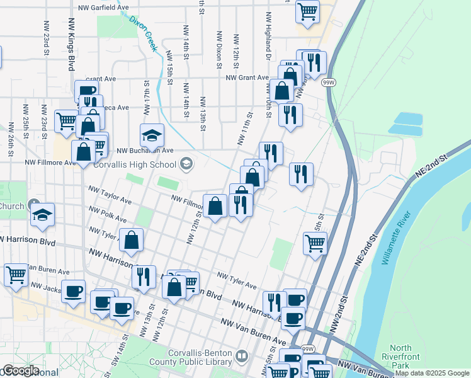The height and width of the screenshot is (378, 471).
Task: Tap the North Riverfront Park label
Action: (400, 357)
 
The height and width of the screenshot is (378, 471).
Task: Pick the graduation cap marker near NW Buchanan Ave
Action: (152, 135)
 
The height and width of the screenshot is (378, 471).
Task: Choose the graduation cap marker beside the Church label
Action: (42, 214)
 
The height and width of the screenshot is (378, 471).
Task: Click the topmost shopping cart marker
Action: (307, 11)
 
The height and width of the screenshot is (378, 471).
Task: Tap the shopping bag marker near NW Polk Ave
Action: (132, 240)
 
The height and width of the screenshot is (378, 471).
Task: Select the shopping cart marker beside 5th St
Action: (315, 243)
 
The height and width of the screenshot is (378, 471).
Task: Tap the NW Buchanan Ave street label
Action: (146, 151)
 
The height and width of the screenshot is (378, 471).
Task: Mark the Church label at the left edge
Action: (11, 206)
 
